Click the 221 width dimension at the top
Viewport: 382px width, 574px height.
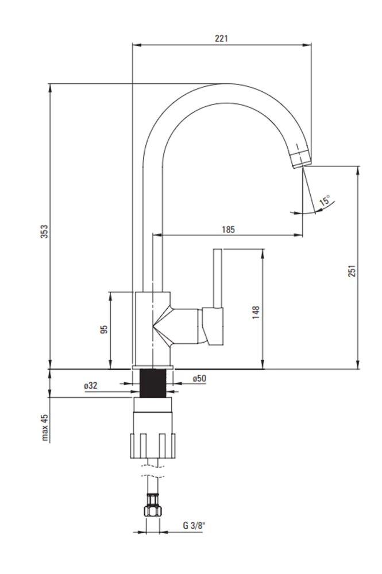[221, 38]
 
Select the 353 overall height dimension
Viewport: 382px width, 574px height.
[44, 232]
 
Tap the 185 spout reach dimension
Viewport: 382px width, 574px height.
[228, 230]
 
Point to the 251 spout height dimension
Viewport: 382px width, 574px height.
[352, 271]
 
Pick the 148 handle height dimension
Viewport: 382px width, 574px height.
[256, 312]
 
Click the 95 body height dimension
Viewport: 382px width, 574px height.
[104, 329]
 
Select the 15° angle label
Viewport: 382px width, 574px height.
[325, 200]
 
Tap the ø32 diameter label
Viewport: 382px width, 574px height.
[90, 386]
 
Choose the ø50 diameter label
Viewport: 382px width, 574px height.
[199, 378]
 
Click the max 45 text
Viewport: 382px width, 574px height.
[45, 428]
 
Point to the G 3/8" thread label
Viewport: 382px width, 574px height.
[195, 526]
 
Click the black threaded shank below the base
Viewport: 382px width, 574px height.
[153, 383]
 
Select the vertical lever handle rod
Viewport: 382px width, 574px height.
[218, 278]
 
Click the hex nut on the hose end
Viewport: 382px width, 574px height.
[153, 510]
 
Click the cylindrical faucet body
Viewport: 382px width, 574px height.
[152, 329]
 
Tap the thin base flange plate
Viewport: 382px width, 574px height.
[153, 367]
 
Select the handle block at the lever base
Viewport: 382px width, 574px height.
[212, 327]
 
